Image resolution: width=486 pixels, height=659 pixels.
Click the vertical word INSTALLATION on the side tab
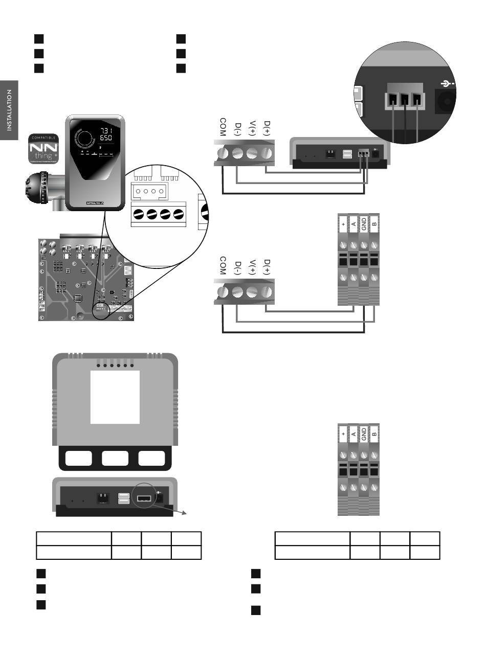(9, 110)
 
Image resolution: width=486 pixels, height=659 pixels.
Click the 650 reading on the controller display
(106, 138)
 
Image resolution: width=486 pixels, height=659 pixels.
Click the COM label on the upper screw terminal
(223, 127)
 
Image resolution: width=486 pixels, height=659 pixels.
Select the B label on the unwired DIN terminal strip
(374, 435)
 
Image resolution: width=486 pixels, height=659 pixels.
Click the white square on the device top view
(115, 397)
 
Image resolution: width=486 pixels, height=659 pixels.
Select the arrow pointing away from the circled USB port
(183, 515)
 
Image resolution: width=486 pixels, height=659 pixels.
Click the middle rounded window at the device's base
(115, 458)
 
